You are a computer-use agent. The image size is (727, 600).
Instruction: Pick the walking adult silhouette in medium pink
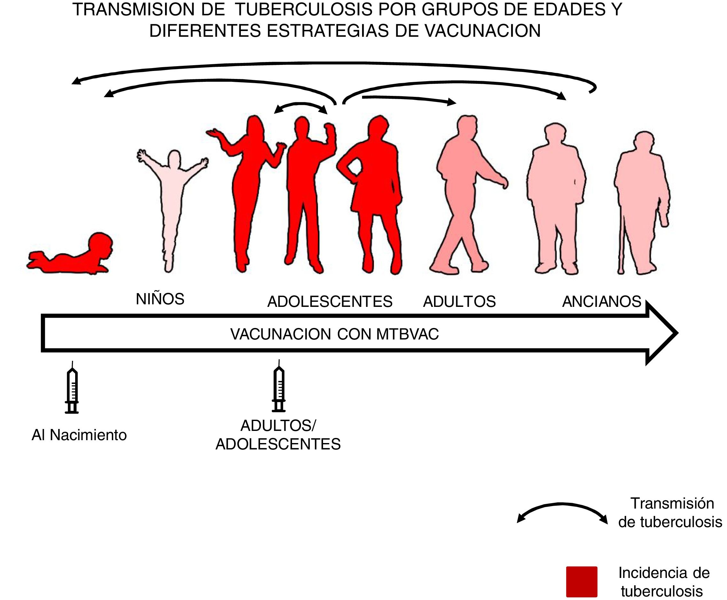click(463, 193)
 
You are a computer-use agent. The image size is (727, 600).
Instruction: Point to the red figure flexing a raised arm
click(304, 183)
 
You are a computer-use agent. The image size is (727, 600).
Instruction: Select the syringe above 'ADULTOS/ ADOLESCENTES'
click(279, 387)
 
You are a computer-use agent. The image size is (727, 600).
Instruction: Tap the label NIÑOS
click(160, 299)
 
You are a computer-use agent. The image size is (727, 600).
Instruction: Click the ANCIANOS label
click(602, 302)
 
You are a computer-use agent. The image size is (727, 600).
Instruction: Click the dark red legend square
click(581, 581)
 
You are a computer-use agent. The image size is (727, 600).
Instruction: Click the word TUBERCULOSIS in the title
click(304, 10)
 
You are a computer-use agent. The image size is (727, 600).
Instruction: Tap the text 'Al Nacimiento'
click(79, 435)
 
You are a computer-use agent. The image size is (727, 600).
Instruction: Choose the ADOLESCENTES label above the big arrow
click(330, 302)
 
